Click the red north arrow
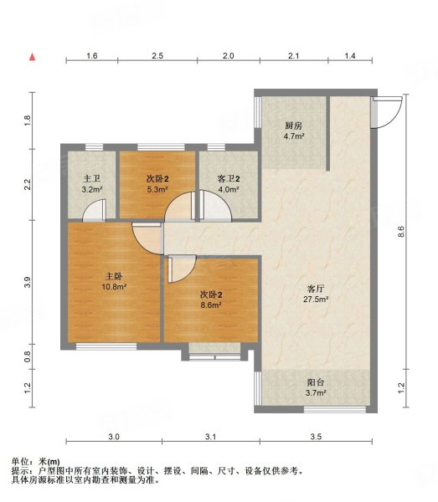pyautogui.click(x=33, y=57)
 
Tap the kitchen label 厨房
pyautogui.click(x=293, y=125)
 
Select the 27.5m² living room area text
pyautogui.click(x=316, y=300)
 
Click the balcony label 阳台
pyautogui.click(x=316, y=382)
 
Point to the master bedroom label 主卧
pyautogui.click(x=114, y=276)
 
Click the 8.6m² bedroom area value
pyautogui.click(x=211, y=305)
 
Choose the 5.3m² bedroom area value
pyautogui.click(x=157, y=190)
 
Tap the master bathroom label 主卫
pyautogui.click(x=92, y=178)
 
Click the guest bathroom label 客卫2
pyautogui.click(x=229, y=179)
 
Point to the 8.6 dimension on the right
pyautogui.click(x=401, y=231)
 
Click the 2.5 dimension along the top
pyautogui.click(x=157, y=56)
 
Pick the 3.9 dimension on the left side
pyautogui.click(x=28, y=282)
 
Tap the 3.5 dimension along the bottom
pyautogui.click(x=316, y=437)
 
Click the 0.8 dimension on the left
pyautogui.click(x=28, y=356)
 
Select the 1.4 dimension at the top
pyautogui.click(x=350, y=56)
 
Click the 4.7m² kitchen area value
pyautogui.click(x=294, y=136)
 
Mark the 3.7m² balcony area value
pyautogui.click(x=316, y=393)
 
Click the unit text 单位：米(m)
pyautogui.click(x=35, y=462)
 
